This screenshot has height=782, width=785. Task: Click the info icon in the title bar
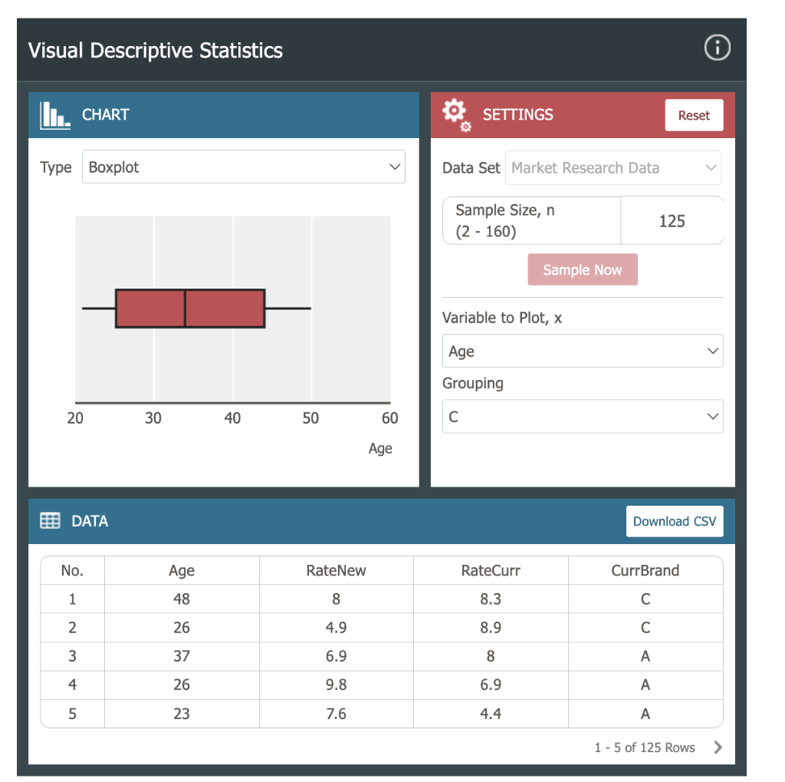tap(717, 48)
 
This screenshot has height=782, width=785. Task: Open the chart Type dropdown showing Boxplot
tap(243, 167)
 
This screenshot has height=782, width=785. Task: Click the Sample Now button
tap(582, 269)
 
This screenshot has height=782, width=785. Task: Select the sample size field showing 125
tap(672, 221)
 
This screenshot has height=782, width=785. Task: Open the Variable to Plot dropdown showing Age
tap(582, 351)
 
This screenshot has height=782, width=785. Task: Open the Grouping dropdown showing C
tap(582, 417)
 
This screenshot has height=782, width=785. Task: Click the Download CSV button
tap(674, 521)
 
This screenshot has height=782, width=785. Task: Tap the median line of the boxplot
tap(185, 309)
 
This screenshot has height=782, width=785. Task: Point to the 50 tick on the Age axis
tap(310, 418)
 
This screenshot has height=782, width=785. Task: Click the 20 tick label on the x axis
tap(75, 418)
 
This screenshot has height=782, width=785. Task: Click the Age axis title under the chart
tap(379, 449)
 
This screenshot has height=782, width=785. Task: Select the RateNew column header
tap(336, 570)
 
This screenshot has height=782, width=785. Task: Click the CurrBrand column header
tap(645, 570)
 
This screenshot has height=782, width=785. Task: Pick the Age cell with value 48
tap(182, 599)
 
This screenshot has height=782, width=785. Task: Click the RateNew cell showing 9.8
tap(336, 685)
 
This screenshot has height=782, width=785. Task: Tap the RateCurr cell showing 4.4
tap(491, 714)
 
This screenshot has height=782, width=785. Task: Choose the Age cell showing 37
tap(182, 656)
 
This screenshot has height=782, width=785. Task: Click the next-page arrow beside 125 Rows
tap(718, 747)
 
